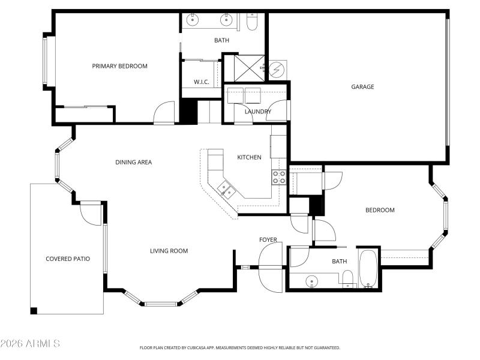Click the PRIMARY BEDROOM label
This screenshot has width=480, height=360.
click(119, 66)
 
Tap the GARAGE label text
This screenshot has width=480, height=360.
click(362, 87)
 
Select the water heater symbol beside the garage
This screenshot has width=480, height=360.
click(277, 70)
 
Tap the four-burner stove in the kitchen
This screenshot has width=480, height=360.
click(279, 176)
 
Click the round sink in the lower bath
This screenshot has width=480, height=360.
click(311, 280)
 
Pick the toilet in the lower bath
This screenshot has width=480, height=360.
click(347, 279)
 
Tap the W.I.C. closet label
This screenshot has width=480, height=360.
click(201, 82)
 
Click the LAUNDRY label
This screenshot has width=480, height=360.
click(258, 112)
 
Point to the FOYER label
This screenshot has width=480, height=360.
click(268, 240)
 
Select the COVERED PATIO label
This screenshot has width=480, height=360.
click(68, 259)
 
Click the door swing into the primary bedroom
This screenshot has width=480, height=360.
click(163, 114)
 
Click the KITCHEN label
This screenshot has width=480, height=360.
click(249, 157)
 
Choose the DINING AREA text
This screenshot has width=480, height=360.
click(133, 162)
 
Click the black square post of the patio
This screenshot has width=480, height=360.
click(34, 310)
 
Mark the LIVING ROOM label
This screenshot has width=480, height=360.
click(169, 251)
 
